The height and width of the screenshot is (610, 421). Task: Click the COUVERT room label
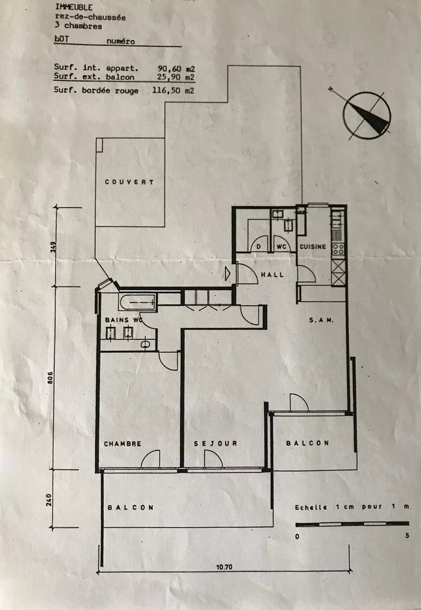point(129,182)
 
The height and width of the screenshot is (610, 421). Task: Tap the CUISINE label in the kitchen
point(312,247)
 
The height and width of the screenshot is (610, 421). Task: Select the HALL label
point(273,275)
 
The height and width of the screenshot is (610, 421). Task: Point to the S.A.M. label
point(321,320)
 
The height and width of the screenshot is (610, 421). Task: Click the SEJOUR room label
point(215,443)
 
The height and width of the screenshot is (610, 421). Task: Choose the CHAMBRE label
point(122,443)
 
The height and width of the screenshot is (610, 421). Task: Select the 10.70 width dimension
point(224,567)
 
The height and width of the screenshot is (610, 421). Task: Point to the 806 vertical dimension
point(50,378)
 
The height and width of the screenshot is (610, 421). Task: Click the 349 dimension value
point(53,247)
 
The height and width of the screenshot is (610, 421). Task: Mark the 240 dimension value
point(49,500)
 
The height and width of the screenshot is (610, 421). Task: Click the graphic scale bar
point(352,524)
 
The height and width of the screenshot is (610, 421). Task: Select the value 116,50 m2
point(174,91)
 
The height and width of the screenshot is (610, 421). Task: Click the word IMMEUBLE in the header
point(73,7)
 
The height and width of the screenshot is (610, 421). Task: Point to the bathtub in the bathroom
point(137,302)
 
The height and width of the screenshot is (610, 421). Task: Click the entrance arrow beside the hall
point(227,274)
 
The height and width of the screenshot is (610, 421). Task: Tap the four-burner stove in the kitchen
point(338,249)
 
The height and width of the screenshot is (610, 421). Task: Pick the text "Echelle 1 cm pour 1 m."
point(352,507)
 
